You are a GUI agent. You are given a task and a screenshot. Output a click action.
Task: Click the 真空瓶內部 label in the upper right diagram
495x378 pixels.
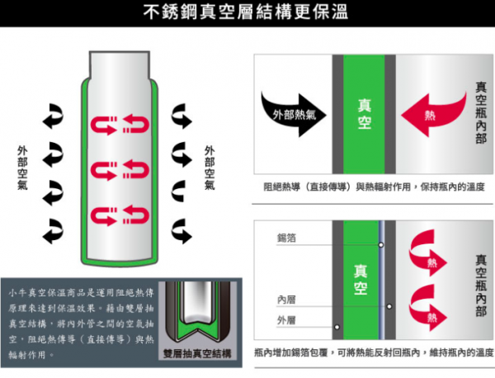pyautogui.click(x=481, y=115)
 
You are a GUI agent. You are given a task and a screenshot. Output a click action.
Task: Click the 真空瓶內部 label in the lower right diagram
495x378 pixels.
pyautogui.click(x=481, y=285)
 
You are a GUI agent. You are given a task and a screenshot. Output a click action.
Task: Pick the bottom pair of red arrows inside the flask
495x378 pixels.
pyautogui.click(x=120, y=217)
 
